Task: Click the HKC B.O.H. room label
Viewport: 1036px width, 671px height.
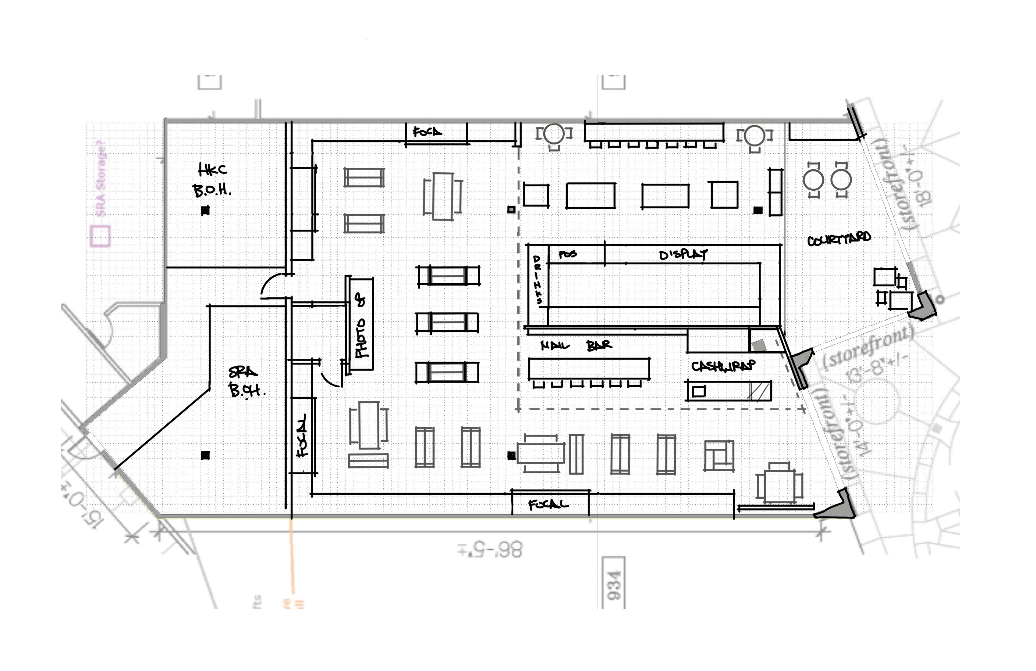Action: (x=212, y=180)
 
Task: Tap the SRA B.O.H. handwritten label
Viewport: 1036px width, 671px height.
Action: (x=246, y=381)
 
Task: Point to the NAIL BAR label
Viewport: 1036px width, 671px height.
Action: (x=576, y=346)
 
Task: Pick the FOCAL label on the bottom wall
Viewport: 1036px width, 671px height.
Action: (x=548, y=504)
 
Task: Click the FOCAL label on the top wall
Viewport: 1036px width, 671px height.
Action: (x=427, y=131)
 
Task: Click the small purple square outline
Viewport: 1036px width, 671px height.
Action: (x=100, y=236)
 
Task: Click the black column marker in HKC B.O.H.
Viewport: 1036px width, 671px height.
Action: (x=205, y=211)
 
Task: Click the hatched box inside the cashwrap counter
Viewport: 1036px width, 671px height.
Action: (x=759, y=390)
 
